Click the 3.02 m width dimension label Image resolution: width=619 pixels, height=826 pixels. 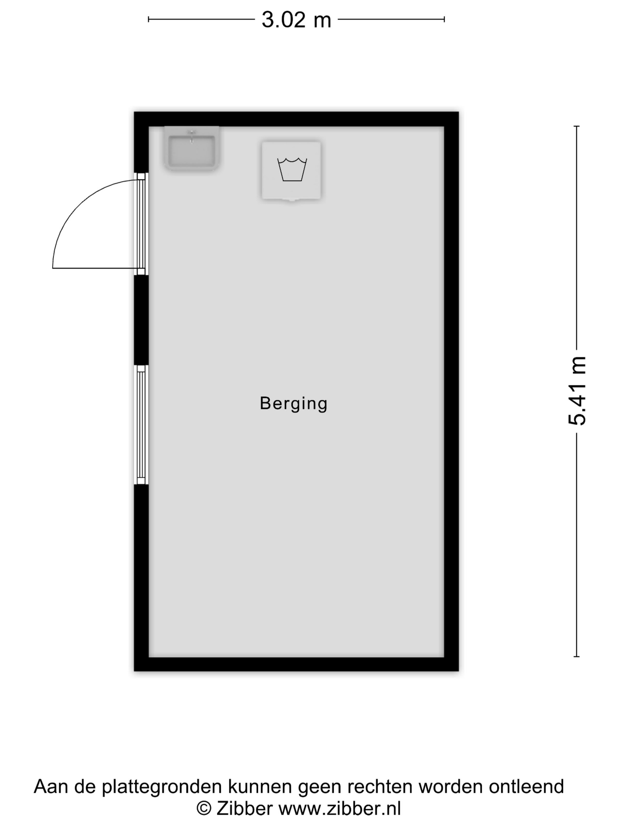[x=296, y=20]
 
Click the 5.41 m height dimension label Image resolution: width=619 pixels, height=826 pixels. [x=577, y=391]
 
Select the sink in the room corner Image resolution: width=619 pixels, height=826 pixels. [x=191, y=148]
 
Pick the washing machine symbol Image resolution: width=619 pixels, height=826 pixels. [x=291, y=171]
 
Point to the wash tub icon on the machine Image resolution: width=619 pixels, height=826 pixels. [x=292, y=170]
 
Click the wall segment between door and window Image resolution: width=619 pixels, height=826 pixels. [x=141, y=320]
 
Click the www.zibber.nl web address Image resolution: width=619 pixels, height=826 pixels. [x=340, y=809]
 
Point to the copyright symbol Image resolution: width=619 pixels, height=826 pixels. [x=204, y=809]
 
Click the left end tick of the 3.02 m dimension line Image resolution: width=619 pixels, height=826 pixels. [x=149, y=19]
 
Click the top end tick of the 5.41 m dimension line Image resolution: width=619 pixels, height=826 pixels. [x=577, y=127]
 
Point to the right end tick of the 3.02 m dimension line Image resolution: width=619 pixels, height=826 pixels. [x=444, y=19]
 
